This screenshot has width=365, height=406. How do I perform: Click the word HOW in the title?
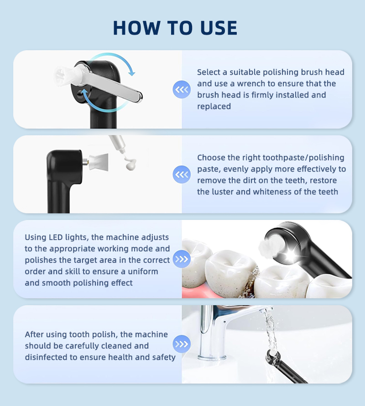136,28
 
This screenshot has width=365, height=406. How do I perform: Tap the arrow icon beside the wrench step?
182,89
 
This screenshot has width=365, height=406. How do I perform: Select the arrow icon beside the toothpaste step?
182,175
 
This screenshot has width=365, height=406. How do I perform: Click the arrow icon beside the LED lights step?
182,259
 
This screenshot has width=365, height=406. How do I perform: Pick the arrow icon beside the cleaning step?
182,344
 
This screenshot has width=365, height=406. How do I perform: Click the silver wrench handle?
111,83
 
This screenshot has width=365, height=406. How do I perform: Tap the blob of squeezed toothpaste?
130,164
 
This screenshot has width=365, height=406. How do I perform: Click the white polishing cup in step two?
99,161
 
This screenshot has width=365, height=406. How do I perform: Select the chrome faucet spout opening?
268,309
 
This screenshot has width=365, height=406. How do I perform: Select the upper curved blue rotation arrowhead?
132,73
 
